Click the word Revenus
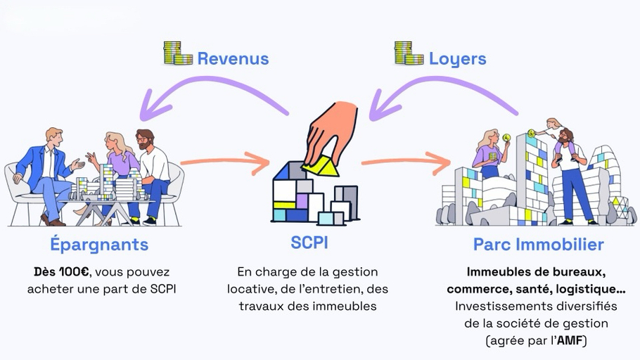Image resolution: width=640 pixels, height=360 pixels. [233, 58]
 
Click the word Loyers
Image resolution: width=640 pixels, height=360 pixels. [458, 58]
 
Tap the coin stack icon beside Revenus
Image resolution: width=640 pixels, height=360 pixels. [178, 53]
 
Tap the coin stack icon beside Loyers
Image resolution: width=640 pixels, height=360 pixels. [409, 53]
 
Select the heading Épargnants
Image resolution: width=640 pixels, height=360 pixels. [99, 245]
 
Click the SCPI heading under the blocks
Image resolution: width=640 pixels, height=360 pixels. [309, 243]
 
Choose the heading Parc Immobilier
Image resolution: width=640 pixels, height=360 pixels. [538, 245]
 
